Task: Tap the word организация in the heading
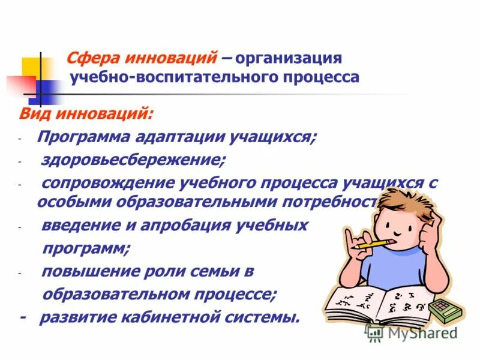tap(289, 59)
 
